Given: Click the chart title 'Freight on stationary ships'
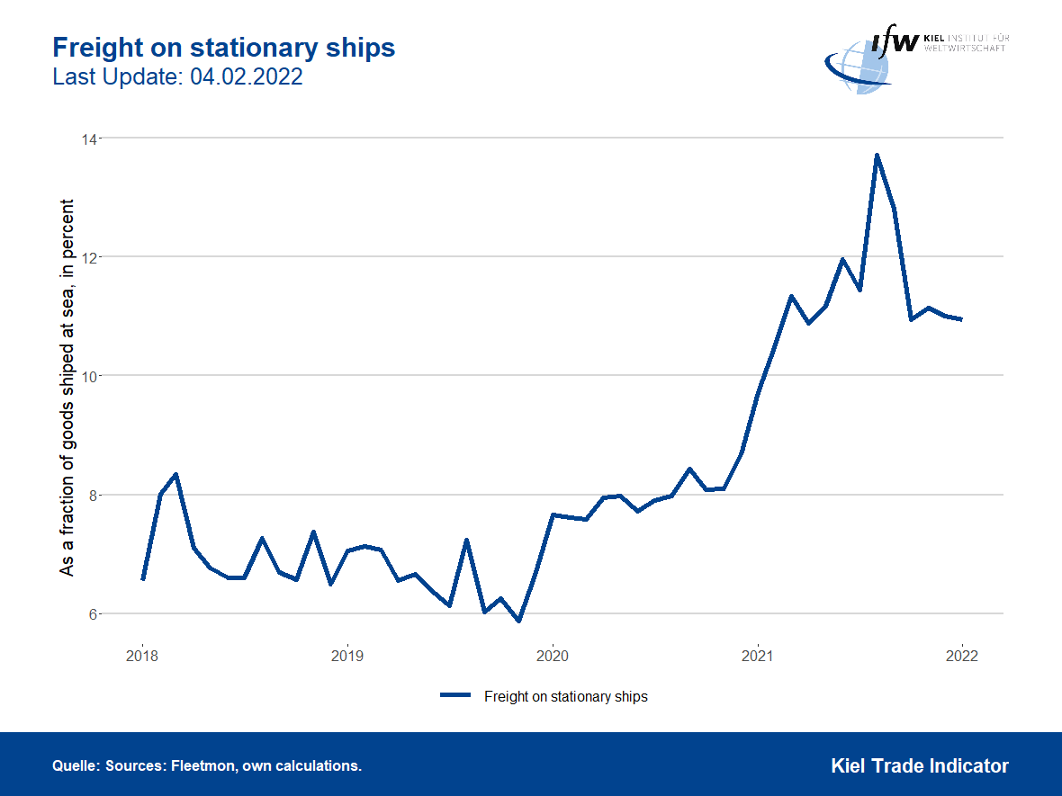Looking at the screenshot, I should (224, 48).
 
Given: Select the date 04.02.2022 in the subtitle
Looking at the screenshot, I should (246, 77).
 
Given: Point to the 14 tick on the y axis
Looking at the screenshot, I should (90, 139).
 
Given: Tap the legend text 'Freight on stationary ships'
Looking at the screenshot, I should (565, 696).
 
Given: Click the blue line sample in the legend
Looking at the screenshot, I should (455, 696).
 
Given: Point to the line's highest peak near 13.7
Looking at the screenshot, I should (877, 156).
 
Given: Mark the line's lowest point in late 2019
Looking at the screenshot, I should (518, 621).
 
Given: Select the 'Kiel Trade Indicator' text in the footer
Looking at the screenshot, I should (919, 766).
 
